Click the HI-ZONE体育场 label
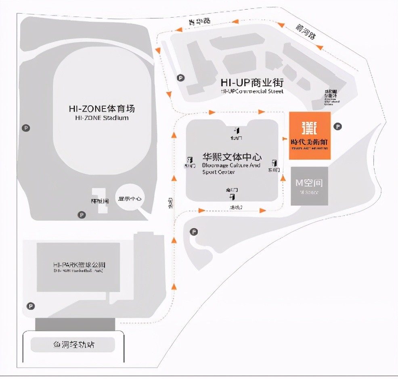[x=101, y=108]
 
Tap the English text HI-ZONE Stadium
[x=101, y=118]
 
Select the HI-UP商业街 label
[x=252, y=83]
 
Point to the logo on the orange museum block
[x=310, y=127]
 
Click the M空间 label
[x=309, y=183]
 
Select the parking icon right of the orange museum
[x=338, y=127]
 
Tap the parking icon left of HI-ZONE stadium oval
[x=27, y=128]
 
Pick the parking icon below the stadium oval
[x=82, y=215]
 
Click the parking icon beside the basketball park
[x=31, y=306]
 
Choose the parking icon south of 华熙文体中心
[x=194, y=232]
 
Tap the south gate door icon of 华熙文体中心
[x=232, y=196]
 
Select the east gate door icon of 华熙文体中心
[x=274, y=163]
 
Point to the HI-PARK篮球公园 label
[x=79, y=265]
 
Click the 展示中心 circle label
[x=130, y=198]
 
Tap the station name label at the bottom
[x=74, y=345]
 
